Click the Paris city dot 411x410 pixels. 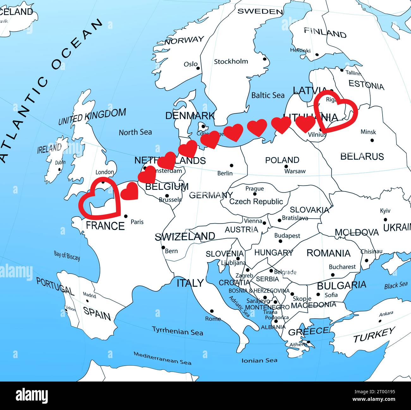pos(126,216)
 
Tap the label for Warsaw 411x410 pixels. pos(295,171)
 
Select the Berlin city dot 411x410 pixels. pos(231,165)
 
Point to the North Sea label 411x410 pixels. pos(135,132)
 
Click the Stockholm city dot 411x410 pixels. pos(265,59)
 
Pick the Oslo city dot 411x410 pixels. pos(198,68)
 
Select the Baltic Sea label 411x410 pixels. pos(267,95)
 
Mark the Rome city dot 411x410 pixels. pos(212,311)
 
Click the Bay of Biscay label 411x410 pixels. pos(67,255)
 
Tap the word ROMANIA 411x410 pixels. pos(328,253)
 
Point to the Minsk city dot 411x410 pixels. pos(372,140)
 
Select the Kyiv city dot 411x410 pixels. pos(385,219)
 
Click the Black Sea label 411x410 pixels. pos(396,285)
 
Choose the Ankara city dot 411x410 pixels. pos(380,321)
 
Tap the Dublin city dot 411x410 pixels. pos(59,169)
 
